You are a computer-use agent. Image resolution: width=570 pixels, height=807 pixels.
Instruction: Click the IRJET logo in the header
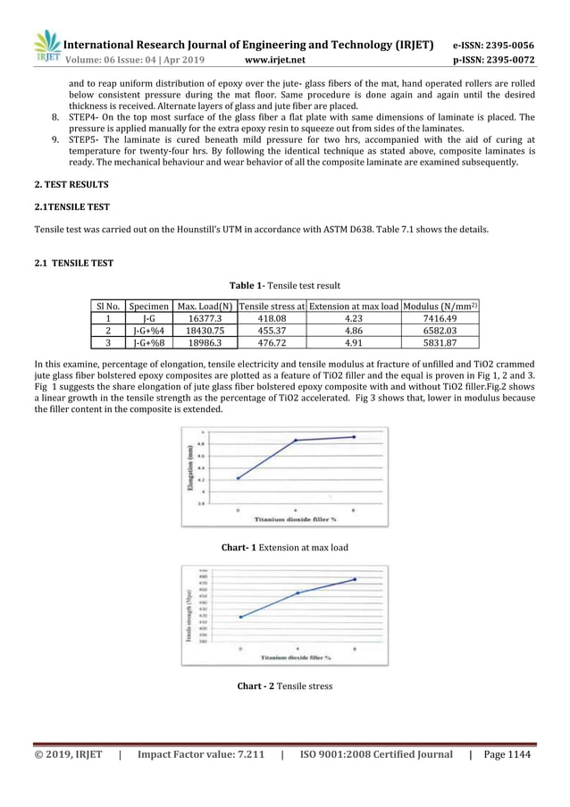point(45,47)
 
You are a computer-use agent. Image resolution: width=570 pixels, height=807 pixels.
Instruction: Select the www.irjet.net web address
point(274,60)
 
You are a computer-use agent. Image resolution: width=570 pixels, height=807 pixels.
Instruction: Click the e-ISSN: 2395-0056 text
point(493,45)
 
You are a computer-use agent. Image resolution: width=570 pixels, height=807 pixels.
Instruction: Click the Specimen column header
point(149,307)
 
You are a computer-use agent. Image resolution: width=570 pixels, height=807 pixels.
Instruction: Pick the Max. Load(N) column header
point(205,307)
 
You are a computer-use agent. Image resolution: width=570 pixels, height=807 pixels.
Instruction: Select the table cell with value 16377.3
point(205,318)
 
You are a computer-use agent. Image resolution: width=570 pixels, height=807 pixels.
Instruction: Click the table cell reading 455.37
point(272,330)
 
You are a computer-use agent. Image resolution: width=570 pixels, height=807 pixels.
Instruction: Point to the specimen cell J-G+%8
point(149,341)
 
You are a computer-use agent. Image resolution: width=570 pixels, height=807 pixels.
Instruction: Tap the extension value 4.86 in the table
point(354,330)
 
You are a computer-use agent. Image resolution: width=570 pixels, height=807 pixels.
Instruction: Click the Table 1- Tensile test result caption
point(285,286)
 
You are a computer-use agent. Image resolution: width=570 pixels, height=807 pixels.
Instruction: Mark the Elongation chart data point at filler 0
point(238,478)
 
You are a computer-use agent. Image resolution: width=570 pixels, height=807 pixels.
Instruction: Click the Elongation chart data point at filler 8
point(355,437)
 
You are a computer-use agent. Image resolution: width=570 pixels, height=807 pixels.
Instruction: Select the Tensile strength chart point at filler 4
point(298,593)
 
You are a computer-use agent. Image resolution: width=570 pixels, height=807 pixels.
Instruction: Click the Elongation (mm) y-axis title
point(191,470)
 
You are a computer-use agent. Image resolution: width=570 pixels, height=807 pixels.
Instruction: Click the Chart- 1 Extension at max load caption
point(285,547)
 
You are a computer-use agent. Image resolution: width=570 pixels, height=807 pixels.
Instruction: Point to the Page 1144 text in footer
point(507,755)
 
